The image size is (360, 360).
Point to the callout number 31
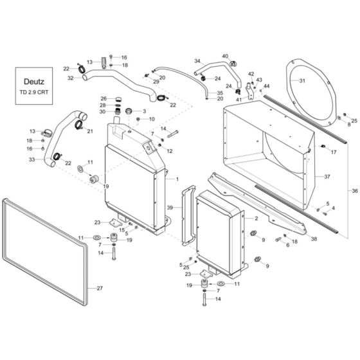[x=321, y=80]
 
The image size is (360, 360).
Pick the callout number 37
[x=327, y=176]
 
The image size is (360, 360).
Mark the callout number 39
[x=170, y=208]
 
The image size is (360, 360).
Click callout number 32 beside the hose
[x=70, y=78]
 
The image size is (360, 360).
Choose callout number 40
[x=225, y=56]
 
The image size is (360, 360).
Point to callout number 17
[x=333, y=152]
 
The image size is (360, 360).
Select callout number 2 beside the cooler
[x=256, y=219]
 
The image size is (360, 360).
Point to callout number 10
[x=152, y=119]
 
